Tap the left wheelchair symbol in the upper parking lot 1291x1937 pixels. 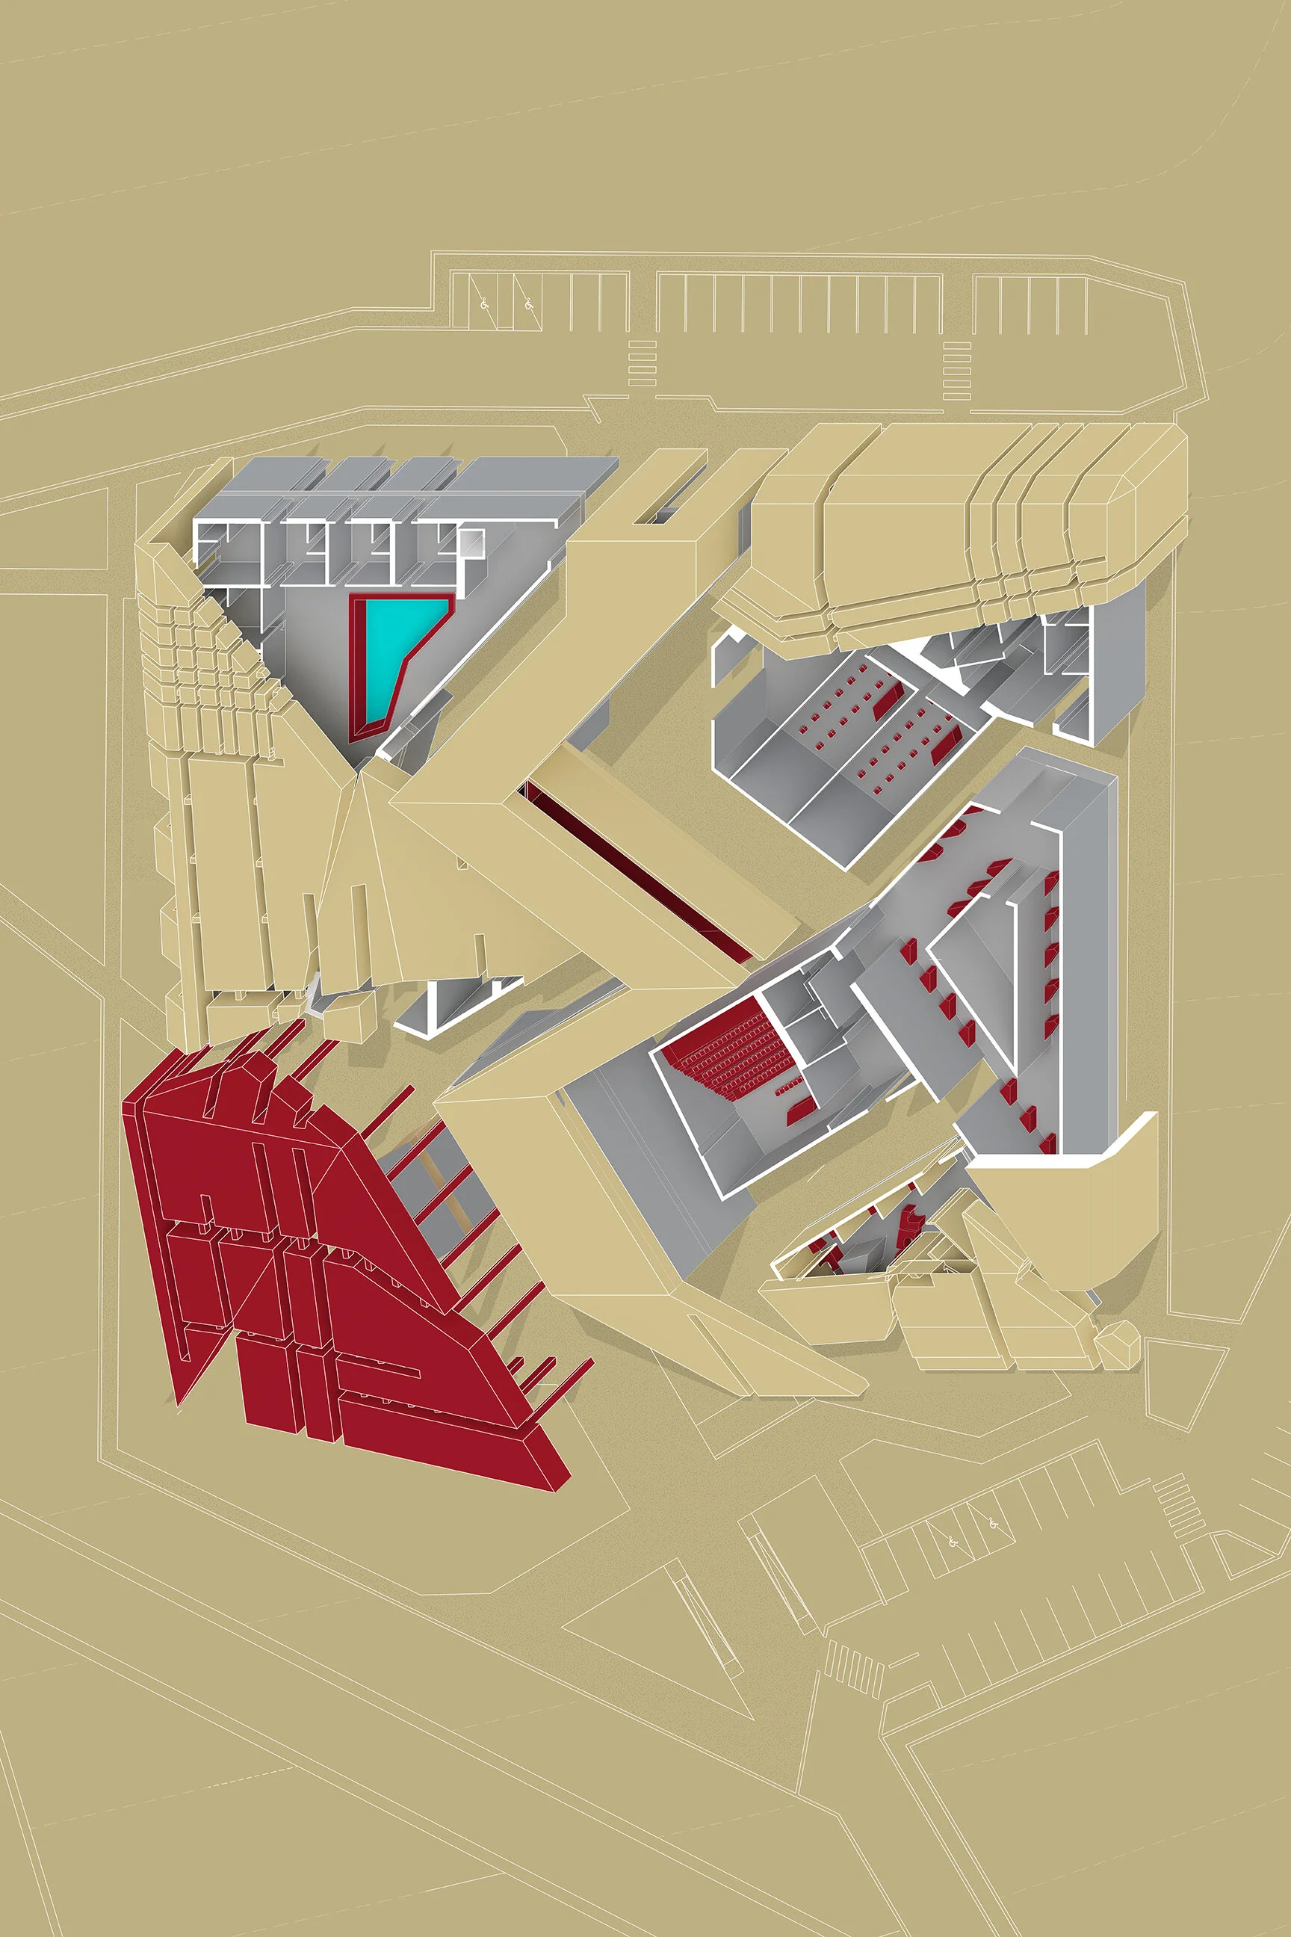pyautogui.click(x=486, y=304)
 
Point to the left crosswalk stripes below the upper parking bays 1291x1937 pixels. pyautogui.click(x=643, y=363)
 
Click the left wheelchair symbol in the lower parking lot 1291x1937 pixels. pyautogui.click(x=953, y=1542)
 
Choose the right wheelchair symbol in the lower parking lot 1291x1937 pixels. pyautogui.click(x=994, y=1524)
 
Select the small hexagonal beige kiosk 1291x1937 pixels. pyautogui.click(x=1117, y=1341)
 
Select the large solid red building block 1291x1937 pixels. pyautogui.click(x=329, y=1252)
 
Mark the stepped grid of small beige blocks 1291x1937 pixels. pyautogui.click(x=206, y=667)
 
